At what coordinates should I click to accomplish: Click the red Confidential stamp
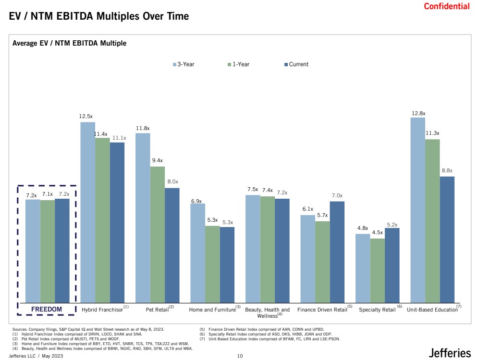click(x=446, y=6)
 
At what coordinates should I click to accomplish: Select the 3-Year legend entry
click(x=184, y=64)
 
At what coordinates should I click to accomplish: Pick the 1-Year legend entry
click(x=238, y=64)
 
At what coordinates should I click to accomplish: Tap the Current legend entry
click(x=296, y=64)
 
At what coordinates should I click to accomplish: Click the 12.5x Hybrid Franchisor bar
click(x=88, y=213)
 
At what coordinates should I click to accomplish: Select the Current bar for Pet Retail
click(x=172, y=246)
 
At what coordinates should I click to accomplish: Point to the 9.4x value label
click(x=157, y=161)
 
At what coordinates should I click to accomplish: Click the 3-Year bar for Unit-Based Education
click(x=418, y=210)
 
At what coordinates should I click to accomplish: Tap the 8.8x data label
click(x=447, y=171)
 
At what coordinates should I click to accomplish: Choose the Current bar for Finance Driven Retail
click(x=337, y=252)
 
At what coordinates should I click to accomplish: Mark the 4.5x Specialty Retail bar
click(x=378, y=271)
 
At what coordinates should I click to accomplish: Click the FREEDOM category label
click(x=47, y=309)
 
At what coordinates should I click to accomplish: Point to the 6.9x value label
click(x=197, y=201)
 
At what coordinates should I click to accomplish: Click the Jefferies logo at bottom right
click(x=449, y=353)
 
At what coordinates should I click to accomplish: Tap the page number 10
click(x=240, y=356)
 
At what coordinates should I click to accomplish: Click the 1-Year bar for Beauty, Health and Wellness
click(x=268, y=250)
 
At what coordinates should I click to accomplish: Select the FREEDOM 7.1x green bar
click(x=48, y=252)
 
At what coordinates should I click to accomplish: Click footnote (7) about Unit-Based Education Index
click(x=270, y=339)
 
